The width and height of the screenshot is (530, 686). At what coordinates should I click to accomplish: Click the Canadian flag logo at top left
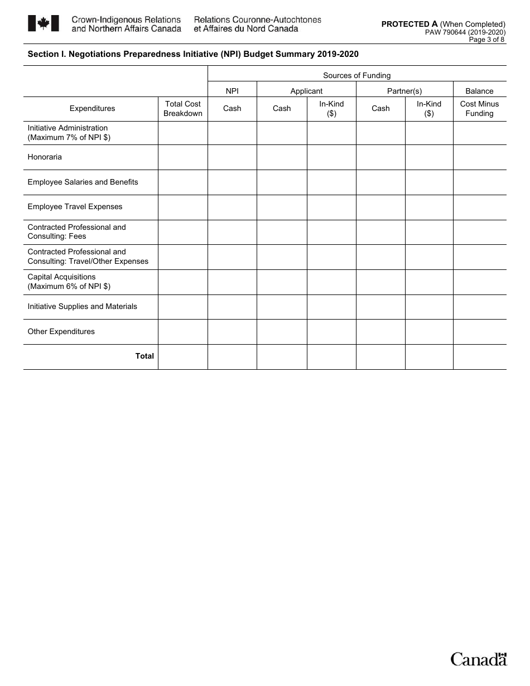(43, 23)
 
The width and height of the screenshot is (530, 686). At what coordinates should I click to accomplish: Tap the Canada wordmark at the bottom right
(479, 659)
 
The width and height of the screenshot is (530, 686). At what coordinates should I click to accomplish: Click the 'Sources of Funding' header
(356, 75)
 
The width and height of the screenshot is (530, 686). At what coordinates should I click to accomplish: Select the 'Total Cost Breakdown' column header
(183, 109)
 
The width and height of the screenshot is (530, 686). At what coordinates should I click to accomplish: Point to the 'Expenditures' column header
(92, 109)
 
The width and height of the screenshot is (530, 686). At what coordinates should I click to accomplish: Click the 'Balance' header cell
(479, 91)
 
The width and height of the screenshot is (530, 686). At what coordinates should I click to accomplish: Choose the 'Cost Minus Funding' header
(479, 109)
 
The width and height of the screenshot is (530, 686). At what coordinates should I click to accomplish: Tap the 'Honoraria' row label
(45, 157)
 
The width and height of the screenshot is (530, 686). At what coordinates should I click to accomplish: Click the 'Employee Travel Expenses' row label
(75, 207)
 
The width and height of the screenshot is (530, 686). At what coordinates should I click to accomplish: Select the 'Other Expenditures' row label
(61, 332)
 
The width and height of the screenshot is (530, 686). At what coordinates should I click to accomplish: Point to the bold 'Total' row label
(144, 356)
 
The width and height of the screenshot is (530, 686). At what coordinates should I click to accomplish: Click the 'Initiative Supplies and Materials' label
(82, 307)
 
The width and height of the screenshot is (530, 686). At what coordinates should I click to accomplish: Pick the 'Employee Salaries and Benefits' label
(83, 182)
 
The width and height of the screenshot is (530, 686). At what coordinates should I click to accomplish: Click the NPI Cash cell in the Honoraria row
(232, 157)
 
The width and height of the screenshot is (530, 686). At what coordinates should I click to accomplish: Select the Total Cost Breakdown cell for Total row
(183, 357)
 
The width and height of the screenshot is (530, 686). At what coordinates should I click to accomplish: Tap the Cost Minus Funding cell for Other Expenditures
(479, 332)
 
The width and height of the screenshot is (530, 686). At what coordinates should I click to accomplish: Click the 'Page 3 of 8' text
(486, 40)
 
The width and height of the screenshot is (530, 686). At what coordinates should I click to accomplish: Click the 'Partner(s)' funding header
(404, 91)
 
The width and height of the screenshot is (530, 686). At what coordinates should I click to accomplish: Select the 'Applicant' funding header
(306, 91)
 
